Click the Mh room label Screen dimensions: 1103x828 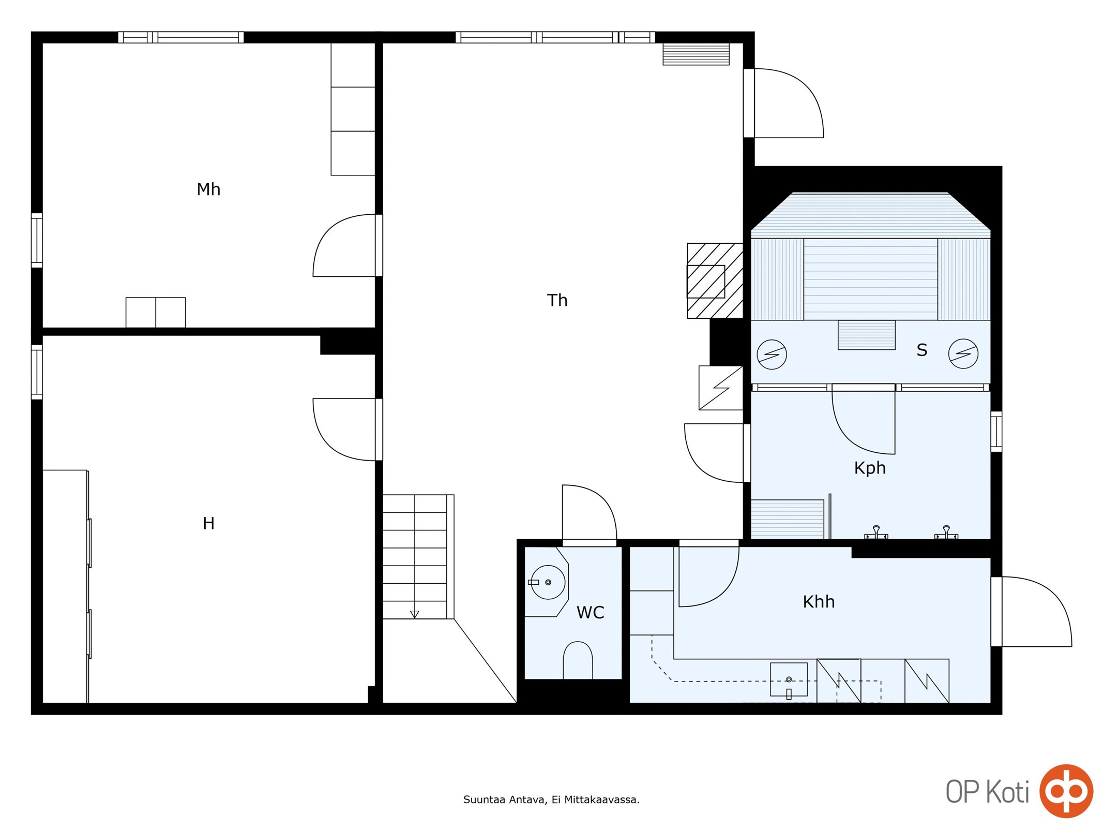click(208, 189)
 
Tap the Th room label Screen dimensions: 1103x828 click(557, 300)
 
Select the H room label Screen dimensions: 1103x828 click(208, 524)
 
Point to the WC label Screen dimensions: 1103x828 click(590, 613)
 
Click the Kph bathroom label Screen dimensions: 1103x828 click(870, 468)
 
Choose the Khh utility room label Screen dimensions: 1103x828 click(819, 602)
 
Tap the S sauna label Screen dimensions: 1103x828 click(921, 350)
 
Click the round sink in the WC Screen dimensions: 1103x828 click(548, 582)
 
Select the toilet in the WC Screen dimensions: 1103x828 click(578, 660)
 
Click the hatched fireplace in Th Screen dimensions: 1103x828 click(715, 280)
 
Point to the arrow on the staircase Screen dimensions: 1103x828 click(414, 614)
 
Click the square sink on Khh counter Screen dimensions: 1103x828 click(789, 679)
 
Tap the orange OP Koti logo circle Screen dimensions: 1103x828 click(1066, 791)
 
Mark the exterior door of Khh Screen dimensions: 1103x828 click(1031, 612)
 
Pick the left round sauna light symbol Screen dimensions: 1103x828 click(772, 354)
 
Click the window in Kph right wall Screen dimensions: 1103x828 click(996, 432)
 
